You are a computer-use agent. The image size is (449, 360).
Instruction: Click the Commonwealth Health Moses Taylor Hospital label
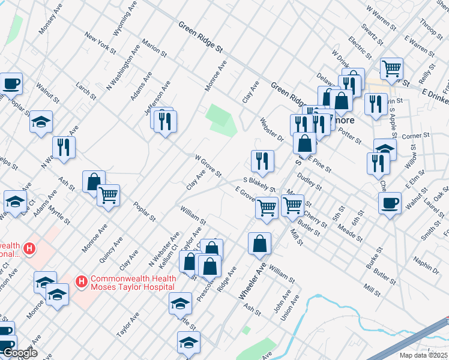pos(134,282)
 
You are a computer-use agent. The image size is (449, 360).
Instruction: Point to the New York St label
pos(100,43)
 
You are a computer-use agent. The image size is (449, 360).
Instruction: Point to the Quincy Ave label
pos(112,249)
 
